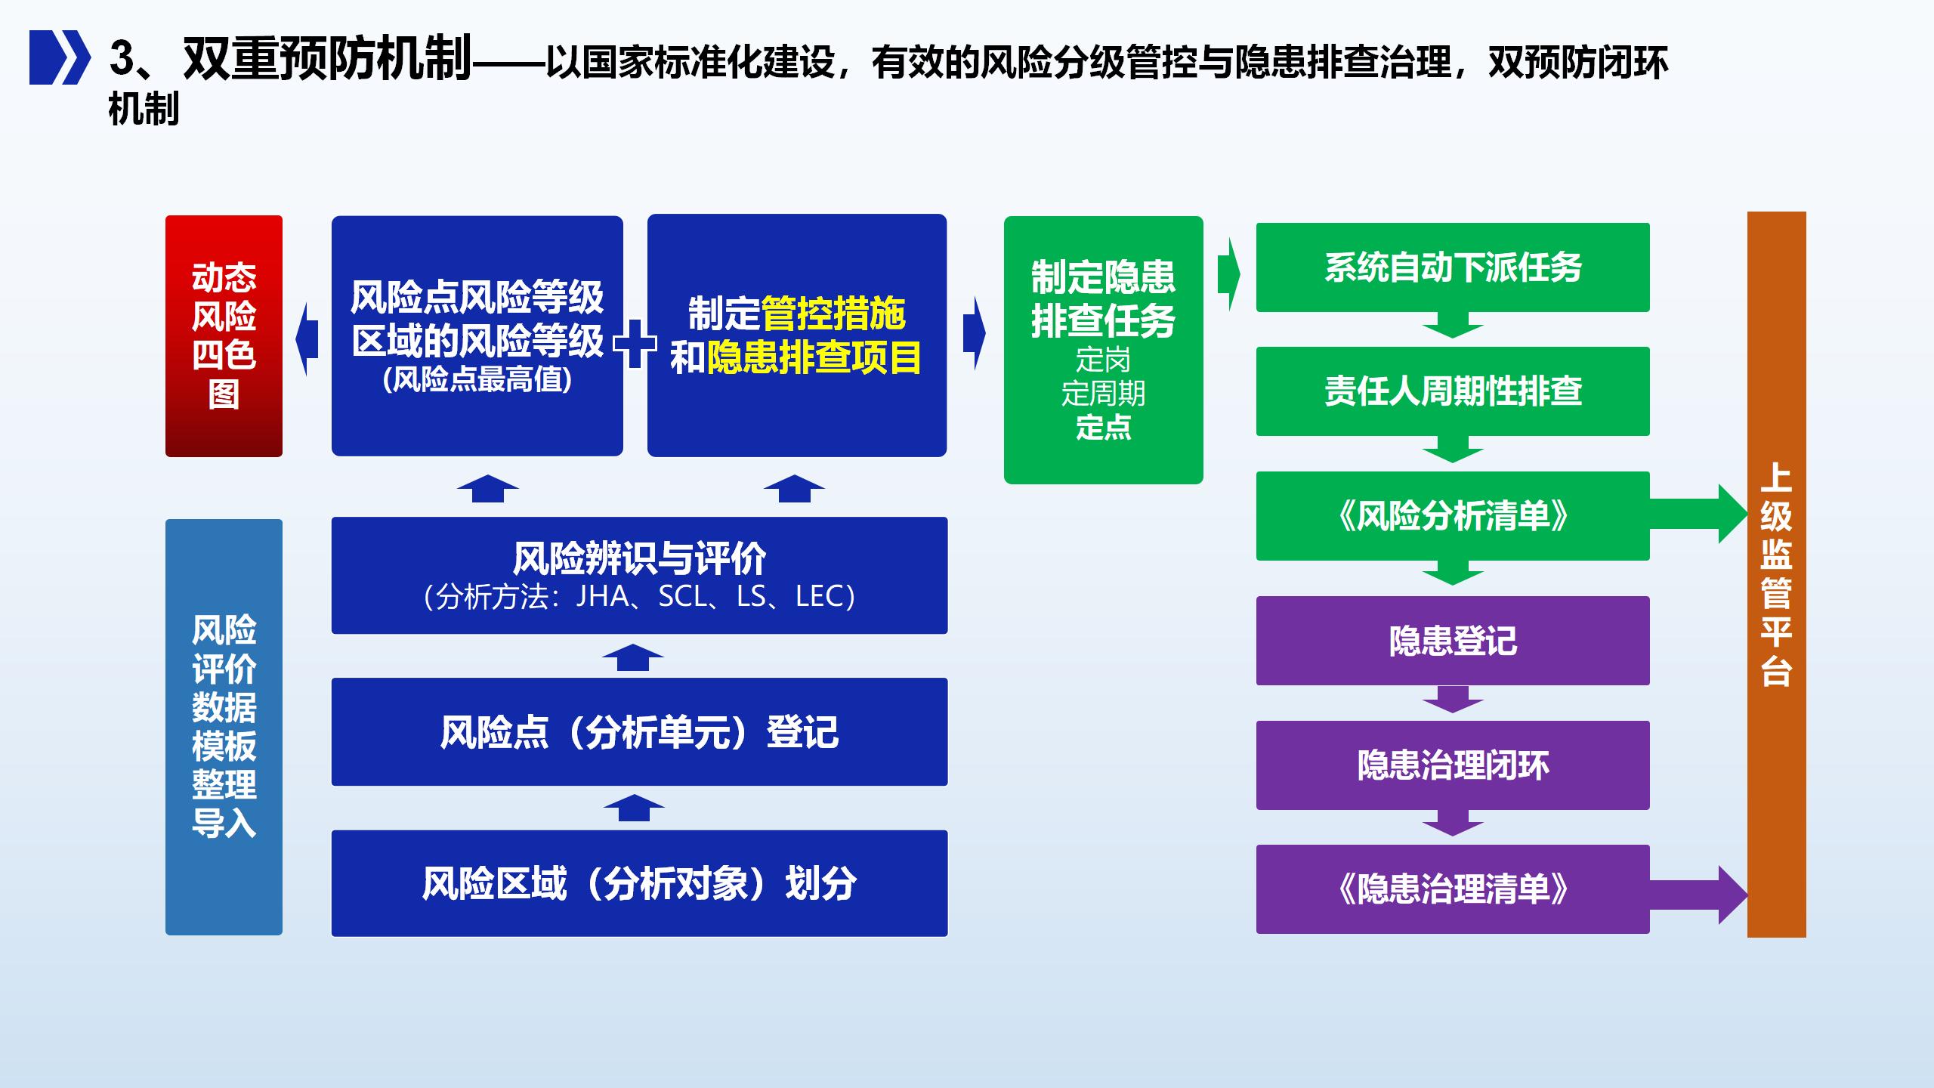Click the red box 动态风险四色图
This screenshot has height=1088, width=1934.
[x=224, y=336]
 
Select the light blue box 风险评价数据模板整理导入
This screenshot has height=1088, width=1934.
[x=224, y=727]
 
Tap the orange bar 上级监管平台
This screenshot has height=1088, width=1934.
[x=1776, y=574]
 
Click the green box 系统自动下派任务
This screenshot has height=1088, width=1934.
[x=1453, y=267]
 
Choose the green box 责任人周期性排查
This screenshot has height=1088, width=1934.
[x=1453, y=391]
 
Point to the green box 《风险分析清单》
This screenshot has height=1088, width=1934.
[x=1453, y=516]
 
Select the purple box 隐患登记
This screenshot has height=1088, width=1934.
[x=1453, y=641]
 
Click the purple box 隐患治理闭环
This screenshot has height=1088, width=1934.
[x=1453, y=765]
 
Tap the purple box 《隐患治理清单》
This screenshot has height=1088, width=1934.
[x=1453, y=889]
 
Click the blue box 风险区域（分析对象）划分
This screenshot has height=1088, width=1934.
[x=639, y=883]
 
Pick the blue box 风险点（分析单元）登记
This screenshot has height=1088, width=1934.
[x=639, y=732]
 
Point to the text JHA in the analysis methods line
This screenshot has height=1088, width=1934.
[x=602, y=597]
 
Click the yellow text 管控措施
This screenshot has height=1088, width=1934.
[x=833, y=314]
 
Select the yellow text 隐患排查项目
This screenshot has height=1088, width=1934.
[x=814, y=357]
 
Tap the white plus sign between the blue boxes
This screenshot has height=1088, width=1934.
[x=635, y=344]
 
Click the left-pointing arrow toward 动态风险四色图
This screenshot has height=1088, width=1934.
[x=306, y=339]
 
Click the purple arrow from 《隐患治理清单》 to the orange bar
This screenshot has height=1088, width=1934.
[x=1698, y=895]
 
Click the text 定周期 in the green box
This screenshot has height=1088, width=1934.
[x=1103, y=394]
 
